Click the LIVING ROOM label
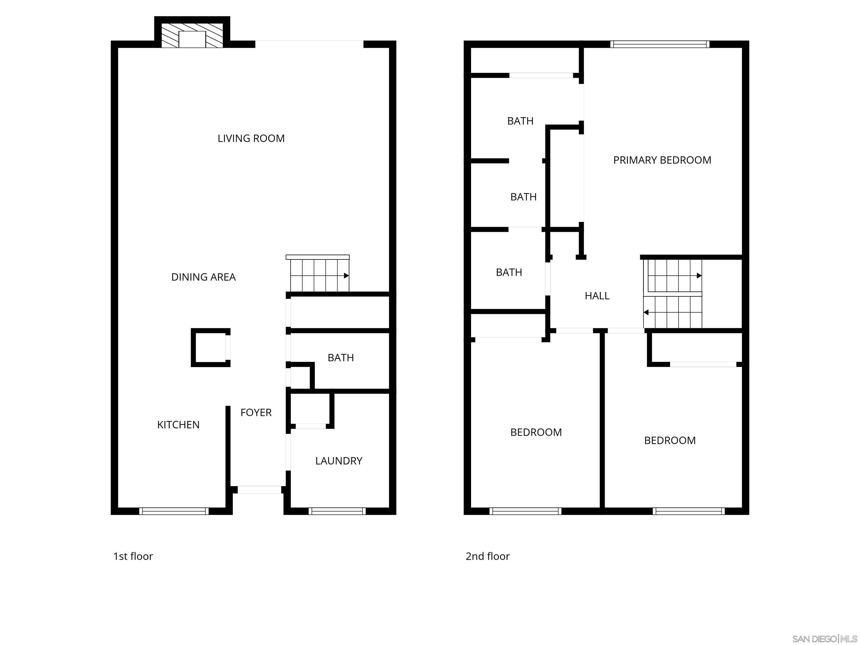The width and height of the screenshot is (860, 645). [251, 138]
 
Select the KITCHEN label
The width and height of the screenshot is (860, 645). [178, 425]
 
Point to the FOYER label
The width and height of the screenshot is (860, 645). [256, 413]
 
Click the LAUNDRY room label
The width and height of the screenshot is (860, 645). [339, 461]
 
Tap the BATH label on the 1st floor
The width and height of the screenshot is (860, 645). [341, 358]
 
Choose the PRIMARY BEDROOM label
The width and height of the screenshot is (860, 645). [662, 160]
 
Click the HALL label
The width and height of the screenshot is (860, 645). [597, 296]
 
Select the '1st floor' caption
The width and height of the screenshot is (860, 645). [133, 556]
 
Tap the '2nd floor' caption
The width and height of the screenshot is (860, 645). [488, 556]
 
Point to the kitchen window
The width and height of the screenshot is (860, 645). [174, 511]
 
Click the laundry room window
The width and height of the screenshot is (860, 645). [337, 511]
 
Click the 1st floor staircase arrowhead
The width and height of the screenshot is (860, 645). [346, 276]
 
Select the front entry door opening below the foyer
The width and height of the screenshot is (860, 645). [259, 490]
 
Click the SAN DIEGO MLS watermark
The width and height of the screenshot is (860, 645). [824, 639]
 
